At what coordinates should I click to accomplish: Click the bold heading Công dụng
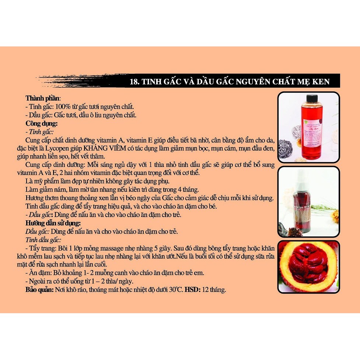click(x=41, y=123)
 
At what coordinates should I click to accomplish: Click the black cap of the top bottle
click(x=311, y=98)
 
